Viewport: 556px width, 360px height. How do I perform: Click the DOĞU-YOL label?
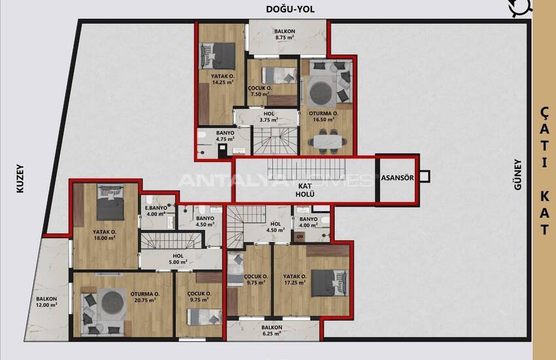[290, 9]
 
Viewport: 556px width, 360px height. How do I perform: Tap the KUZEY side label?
[20, 179]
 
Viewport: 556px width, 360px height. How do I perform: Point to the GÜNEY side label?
[518, 175]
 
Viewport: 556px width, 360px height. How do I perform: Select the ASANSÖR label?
[398, 177]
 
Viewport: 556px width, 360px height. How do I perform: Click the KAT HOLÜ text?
[305, 190]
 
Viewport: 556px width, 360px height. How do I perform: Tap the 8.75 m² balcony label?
[285, 34]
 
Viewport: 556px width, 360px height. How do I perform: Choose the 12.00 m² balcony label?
[46, 302]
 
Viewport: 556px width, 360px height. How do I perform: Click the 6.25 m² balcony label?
[271, 330]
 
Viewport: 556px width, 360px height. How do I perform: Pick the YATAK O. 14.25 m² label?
[222, 79]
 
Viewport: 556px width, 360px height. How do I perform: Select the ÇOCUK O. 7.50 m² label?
[260, 91]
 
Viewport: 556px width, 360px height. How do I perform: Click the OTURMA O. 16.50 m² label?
[323, 117]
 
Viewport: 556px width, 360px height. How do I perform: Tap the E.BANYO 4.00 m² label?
[156, 211]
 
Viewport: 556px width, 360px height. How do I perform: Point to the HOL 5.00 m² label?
[178, 259]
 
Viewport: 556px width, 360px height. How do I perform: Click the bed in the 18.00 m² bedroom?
[111, 202]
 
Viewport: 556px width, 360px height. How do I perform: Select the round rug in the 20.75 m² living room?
[113, 302]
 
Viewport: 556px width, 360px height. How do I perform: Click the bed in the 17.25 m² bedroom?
[330, 283]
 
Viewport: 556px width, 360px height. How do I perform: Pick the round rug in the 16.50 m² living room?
[321, 92]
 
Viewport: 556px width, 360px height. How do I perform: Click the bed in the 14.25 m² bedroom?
[218, 56]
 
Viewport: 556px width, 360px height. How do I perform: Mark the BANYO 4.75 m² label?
[225, 136]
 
